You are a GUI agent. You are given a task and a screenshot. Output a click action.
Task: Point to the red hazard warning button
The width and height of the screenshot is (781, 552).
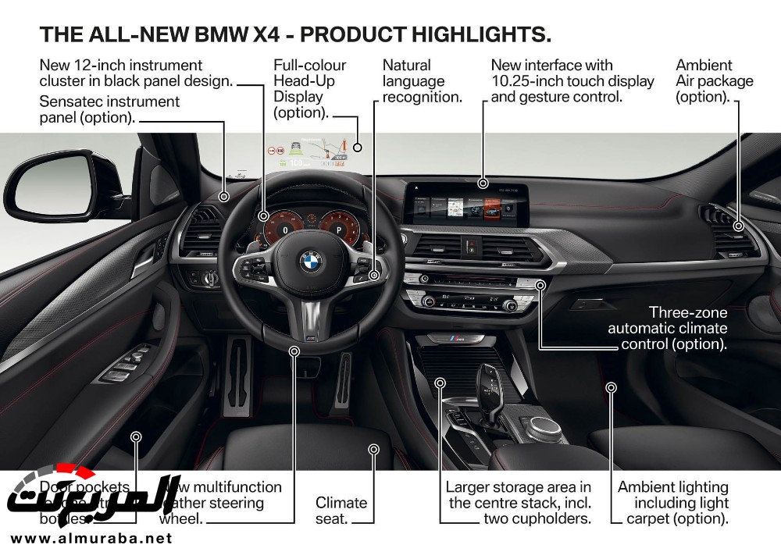click(471, 247)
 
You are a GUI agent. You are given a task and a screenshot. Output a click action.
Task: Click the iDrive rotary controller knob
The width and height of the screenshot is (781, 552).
click(546, 426)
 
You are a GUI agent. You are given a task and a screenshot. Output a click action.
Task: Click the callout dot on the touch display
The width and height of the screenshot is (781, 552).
click(483, 183)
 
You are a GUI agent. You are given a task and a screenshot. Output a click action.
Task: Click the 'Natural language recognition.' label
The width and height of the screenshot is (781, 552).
click(422, 81)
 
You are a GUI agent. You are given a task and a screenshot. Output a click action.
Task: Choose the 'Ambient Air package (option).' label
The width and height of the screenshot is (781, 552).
click(714, 81)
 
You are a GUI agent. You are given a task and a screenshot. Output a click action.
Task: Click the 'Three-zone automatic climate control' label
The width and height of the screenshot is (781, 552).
click(668, 328)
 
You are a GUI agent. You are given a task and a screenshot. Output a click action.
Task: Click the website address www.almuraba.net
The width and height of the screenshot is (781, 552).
click(91, 538)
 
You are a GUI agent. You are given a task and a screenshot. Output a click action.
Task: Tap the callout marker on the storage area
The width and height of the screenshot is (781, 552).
click(440, 383)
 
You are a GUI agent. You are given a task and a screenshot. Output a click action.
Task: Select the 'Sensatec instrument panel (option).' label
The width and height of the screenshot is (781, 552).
click(109, 109)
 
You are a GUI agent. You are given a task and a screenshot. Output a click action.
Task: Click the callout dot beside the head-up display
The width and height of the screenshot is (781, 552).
click(358, 147)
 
